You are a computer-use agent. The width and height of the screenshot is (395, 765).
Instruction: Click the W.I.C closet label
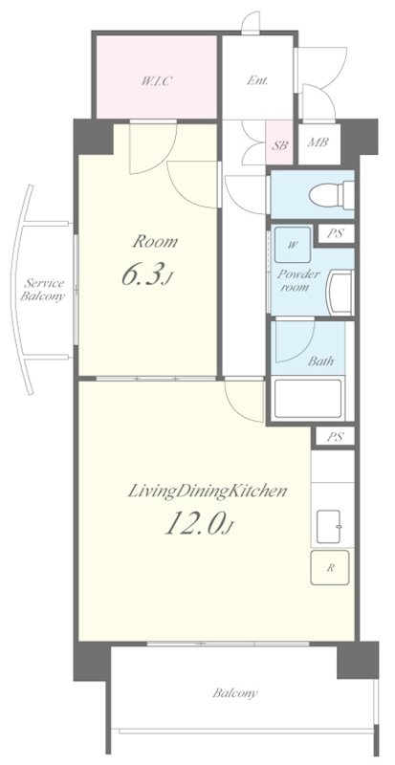pos(156,81)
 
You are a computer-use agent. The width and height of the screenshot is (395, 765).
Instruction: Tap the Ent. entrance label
pos(257,81)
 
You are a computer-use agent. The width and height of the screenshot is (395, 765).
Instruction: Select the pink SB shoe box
pos(279,142)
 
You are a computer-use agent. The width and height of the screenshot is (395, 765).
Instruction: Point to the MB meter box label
pos(318,142)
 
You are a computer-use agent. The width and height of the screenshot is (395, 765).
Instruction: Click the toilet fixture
pos(332,195)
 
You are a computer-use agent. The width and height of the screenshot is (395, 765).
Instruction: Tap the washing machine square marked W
pos(292,245)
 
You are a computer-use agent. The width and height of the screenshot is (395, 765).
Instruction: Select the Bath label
pos(320,361)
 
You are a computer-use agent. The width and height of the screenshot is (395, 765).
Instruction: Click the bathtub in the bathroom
pos(308,399)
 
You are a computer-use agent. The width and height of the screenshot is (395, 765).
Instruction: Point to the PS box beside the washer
pos(335,233)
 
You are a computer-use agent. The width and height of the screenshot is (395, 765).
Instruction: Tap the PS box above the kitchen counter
pos(335,437)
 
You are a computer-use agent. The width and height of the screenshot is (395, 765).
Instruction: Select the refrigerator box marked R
pos(330,568)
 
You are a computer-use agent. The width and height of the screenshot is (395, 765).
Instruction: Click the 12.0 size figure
pos(197,525)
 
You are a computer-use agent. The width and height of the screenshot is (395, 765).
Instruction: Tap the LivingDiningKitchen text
pos(207,492)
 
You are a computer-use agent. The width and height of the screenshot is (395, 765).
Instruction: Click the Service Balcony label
pos(43,290)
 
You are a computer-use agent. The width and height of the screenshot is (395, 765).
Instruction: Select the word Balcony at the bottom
pos(235,692)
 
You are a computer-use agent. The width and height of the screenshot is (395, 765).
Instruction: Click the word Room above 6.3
pos(156,241)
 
